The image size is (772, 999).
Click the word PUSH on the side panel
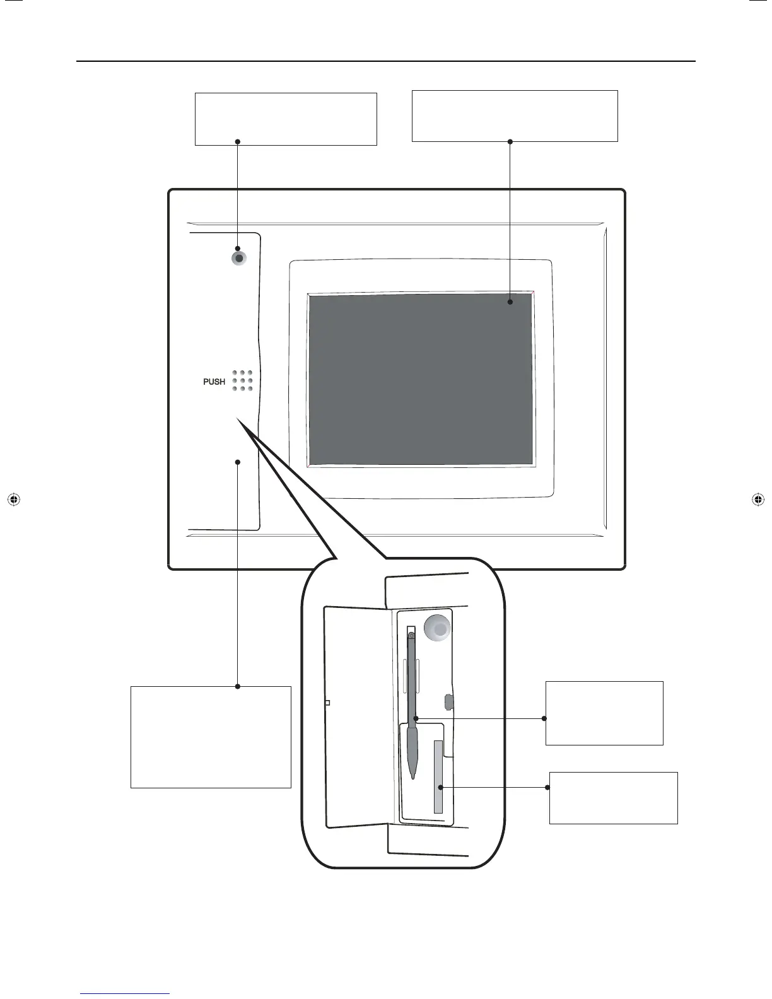[214, 382]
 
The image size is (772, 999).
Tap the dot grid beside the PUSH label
[242, 381]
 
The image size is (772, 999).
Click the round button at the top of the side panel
[238, 258]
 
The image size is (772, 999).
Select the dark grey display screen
[421, 379]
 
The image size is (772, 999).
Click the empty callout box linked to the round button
[286, 119]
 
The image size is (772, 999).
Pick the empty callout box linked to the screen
[514, 115]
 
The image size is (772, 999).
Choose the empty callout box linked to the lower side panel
[211, 737]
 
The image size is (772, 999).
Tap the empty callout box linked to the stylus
[604, 713]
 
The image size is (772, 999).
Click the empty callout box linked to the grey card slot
[613, 797]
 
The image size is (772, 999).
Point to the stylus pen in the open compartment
[412, 694]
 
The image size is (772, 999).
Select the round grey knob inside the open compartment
[438, 629]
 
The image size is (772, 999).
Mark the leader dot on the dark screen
[510, 302]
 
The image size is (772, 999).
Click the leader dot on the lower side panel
[238, 462]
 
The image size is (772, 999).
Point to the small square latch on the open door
[327, 702]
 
